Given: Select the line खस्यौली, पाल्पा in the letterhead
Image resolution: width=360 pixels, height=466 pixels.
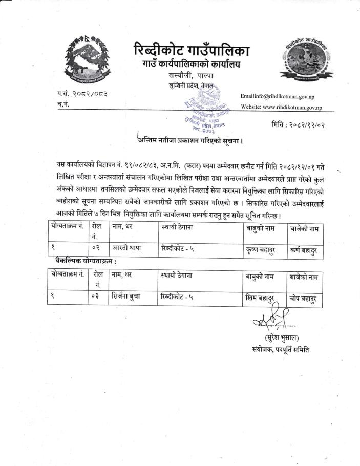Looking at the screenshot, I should (190, 76).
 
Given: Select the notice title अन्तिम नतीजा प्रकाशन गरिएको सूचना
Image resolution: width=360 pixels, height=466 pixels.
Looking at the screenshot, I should (189, 140).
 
